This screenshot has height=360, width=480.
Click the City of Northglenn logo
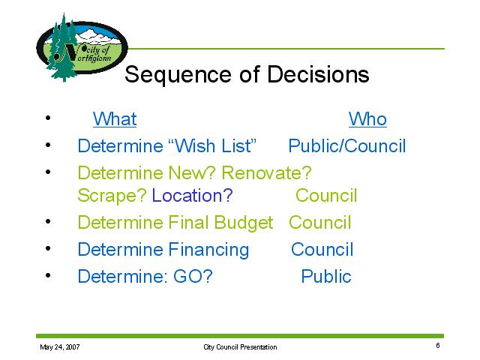coord(82,47)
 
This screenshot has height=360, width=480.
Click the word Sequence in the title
coord(178,75)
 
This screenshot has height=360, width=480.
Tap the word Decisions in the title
coord(318,74)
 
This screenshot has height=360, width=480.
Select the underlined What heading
coord(115,118)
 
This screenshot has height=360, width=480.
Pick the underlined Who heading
coord(367,118)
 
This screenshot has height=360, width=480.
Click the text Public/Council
coord(347,145)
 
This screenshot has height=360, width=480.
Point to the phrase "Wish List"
coord(212,145)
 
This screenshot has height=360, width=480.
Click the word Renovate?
coord(266,172)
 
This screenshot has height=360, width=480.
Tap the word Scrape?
coord(112,196)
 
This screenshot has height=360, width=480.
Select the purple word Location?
coord(192,195)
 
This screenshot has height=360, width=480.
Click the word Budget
coord(243,223)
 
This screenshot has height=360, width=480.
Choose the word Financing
coord(209,250)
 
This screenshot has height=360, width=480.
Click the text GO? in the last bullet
coord(193,276)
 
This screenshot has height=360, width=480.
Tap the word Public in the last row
coord(326,276)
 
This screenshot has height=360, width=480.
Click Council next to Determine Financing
coord(322,249)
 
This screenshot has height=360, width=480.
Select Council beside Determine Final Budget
coord(320,222)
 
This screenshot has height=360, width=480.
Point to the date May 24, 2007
coord(60,347)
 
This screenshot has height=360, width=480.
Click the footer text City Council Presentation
coord(240,347)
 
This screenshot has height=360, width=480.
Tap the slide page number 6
coord(438,346)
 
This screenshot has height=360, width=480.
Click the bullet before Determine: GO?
coord(48,275)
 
